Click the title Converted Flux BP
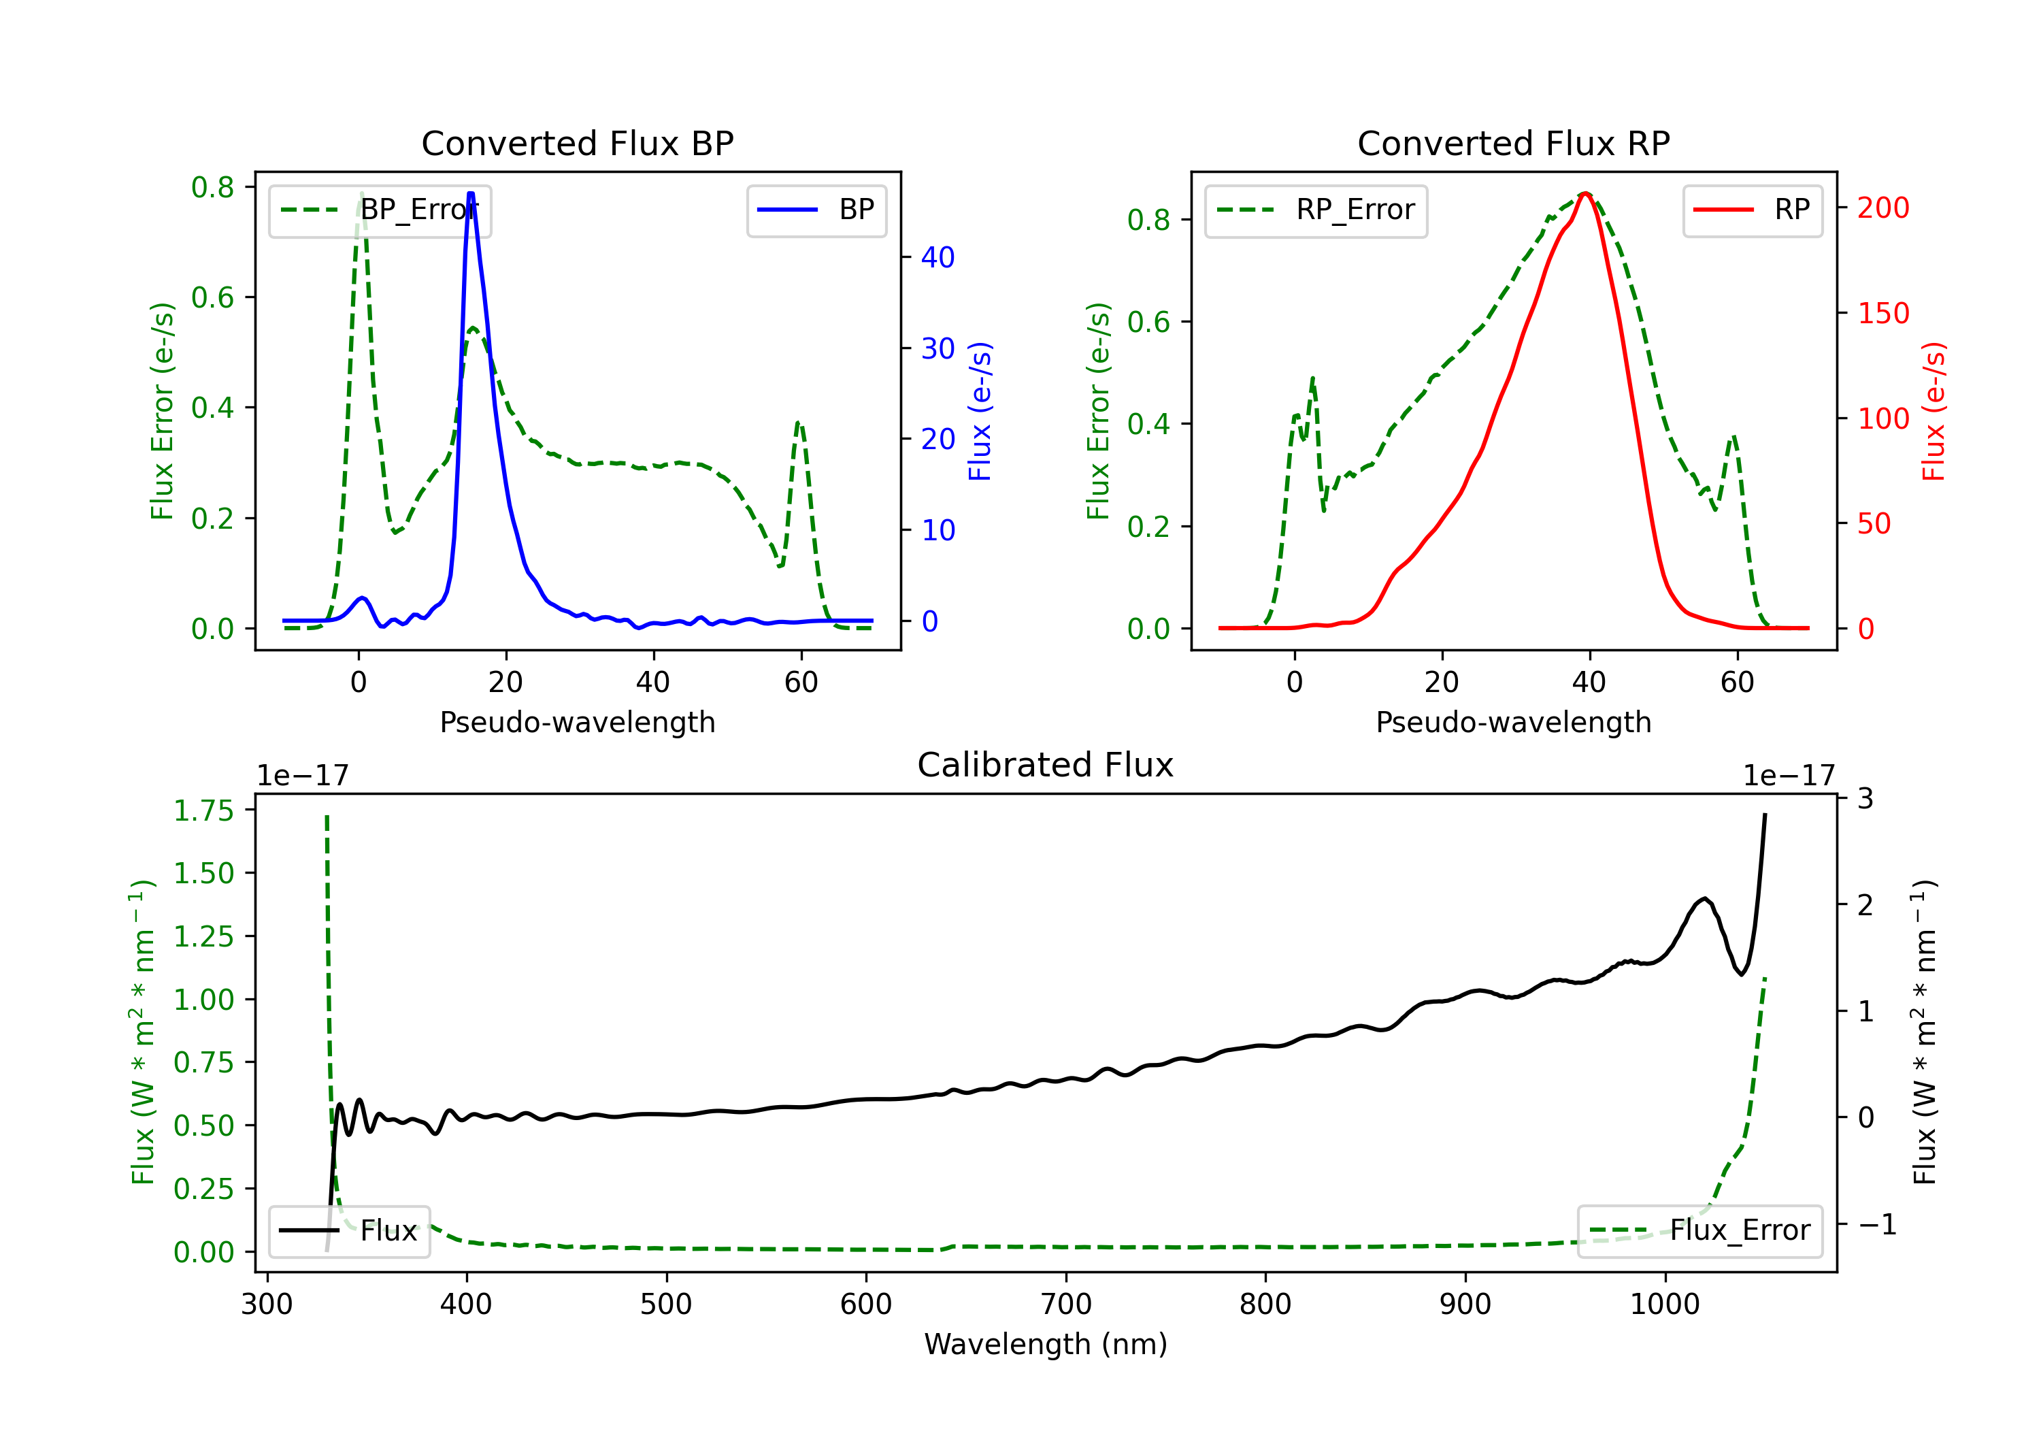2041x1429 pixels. [x=577, y=143]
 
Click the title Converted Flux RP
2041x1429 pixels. [x=1513, y=143]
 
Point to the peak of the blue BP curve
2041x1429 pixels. [x=470, y=194]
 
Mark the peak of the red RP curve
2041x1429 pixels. [x=1586, y=193]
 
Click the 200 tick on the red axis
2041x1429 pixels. [x=1882, y=208]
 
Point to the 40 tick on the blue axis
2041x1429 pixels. [x=937, y=258]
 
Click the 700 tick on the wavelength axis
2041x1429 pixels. [x=1066, y=1304]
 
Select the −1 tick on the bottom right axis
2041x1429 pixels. [x=1876, y=1224]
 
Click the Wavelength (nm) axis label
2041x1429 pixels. [x=1046, y=1344]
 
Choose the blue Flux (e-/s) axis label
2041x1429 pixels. [x=980, y=411]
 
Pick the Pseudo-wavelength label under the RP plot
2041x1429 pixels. [x=1513, y=722]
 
